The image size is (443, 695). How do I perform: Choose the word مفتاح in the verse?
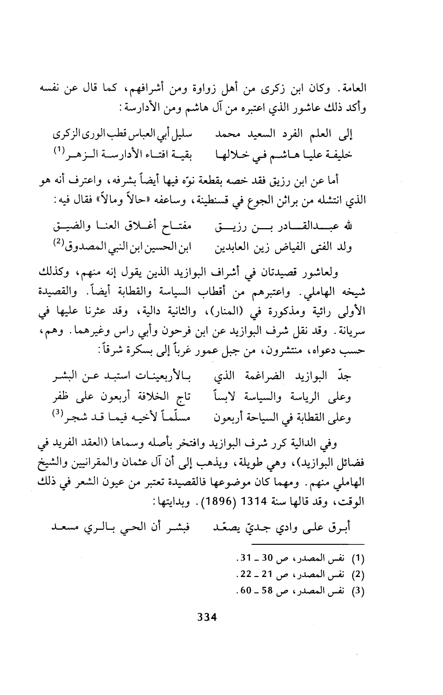[x=184, y=228]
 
